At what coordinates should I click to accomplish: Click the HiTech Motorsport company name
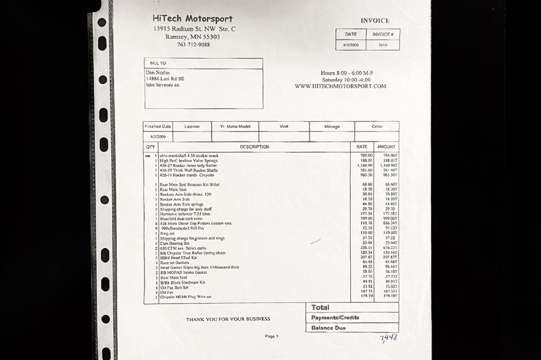pos(192,19)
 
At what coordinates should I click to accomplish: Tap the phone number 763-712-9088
pos(193,45)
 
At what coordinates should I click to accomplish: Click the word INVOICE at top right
pos(375,21)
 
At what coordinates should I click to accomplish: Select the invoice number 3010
pos(383,45)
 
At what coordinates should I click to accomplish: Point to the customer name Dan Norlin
pos(158,72)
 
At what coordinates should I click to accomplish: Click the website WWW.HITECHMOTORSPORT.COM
pos(340,86)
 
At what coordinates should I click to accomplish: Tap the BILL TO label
pos(158,63)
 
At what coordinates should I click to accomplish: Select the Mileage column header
pos(332,127)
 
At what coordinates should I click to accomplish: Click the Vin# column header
pos(284,127)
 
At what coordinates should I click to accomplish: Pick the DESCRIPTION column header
pos(254,147)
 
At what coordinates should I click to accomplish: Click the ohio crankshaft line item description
pos(189,156)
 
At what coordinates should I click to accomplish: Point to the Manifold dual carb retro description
pos(181,219)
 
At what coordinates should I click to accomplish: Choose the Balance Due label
pos(328,328)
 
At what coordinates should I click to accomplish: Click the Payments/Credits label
pos(335,318)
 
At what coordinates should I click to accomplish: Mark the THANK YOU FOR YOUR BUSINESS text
pos(228,319)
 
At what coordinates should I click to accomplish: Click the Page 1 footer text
pos(271,336)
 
